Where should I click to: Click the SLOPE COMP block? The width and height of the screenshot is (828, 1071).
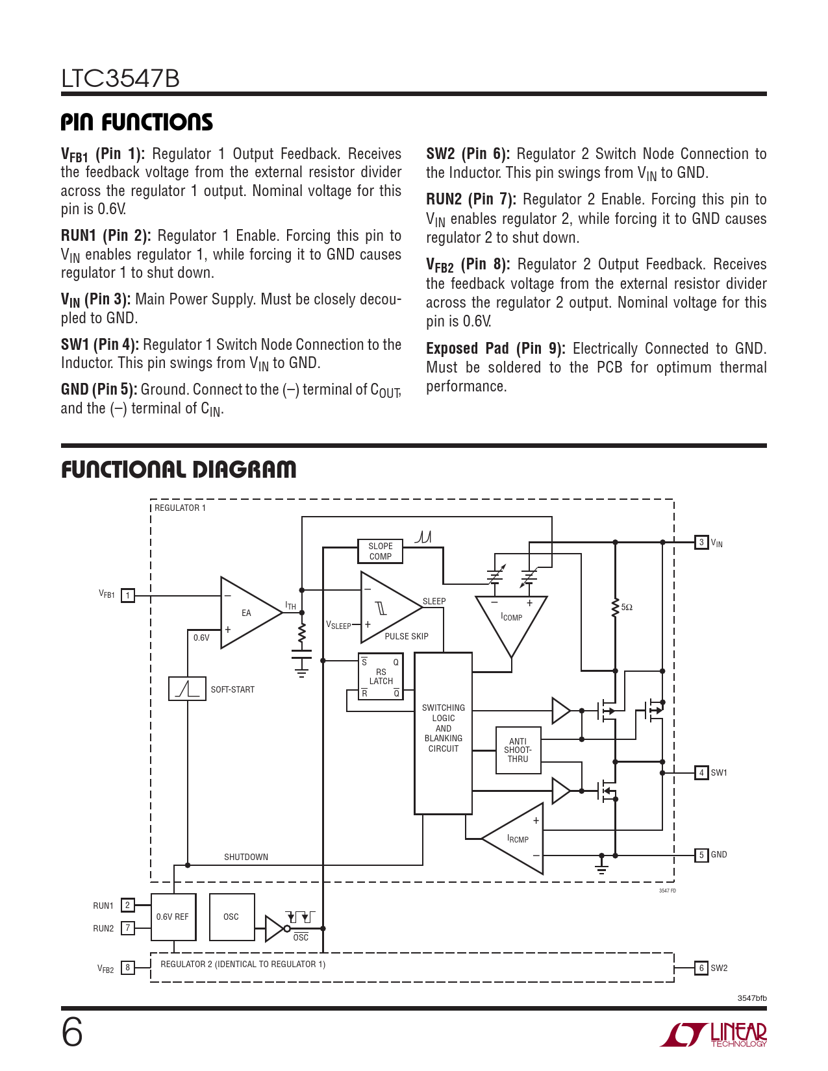pyautogui.click(x=380, y=551)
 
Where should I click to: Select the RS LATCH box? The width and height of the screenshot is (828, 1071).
pyautogui.click(x=381, y=676)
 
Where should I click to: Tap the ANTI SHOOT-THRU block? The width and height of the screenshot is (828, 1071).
pyautogui.click(x=518, y=750)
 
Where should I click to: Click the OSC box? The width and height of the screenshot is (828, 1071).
pyautogui.click(x=231, y=917)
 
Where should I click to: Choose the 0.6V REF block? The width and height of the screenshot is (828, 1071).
pyautogui.click(x=173, y=917)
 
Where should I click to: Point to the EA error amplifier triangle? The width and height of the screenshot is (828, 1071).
pyautogui.click(x=247, y=612)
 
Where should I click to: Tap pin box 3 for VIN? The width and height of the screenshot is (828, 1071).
pyautogui.click(x=701, y=542)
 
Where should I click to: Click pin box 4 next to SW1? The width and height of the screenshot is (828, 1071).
pyautogui.click(x=701, y=772)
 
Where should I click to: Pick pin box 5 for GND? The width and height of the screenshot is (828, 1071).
pyautogui.click(x=701, y=855)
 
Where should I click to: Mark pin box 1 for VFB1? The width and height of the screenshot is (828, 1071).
pyautogui.click(x=128, y=595)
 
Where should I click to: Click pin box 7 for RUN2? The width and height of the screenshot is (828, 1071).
pyautogui.click(x=128, y=928)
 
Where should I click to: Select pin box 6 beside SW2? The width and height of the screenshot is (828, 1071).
pyautogui.click(x=701, y=968)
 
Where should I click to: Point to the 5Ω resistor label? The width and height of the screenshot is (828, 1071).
pyautogui.click(x=627, y=608)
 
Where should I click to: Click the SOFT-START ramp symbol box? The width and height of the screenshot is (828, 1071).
pyautogui.click(x=187, y=689)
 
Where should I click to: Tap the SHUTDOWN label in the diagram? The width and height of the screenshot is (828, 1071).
pyautogui.click(x=245, y=857)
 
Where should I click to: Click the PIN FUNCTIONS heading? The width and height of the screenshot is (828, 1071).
pyautogui.click(x=136, y=122)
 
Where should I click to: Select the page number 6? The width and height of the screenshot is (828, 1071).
pyautogui.click(x=72, y=1032)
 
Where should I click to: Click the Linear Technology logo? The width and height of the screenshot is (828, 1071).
pyautogui.click(x=714, y=1035)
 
